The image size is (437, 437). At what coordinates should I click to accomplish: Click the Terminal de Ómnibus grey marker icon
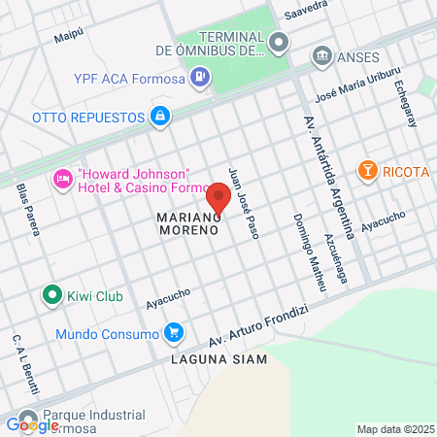[280, 41]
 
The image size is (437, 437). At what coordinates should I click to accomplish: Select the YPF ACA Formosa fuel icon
[200, 76]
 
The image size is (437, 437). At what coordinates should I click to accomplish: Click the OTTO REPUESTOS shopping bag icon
[160, 118]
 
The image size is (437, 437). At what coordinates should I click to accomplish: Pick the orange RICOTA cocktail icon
[368, 172]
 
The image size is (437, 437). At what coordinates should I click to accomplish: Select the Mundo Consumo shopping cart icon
[174, 333]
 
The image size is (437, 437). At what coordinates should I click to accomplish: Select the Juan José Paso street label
[241, 202]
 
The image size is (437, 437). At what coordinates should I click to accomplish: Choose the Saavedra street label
[308, 11]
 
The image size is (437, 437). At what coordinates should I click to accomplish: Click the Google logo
[32, 424]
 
